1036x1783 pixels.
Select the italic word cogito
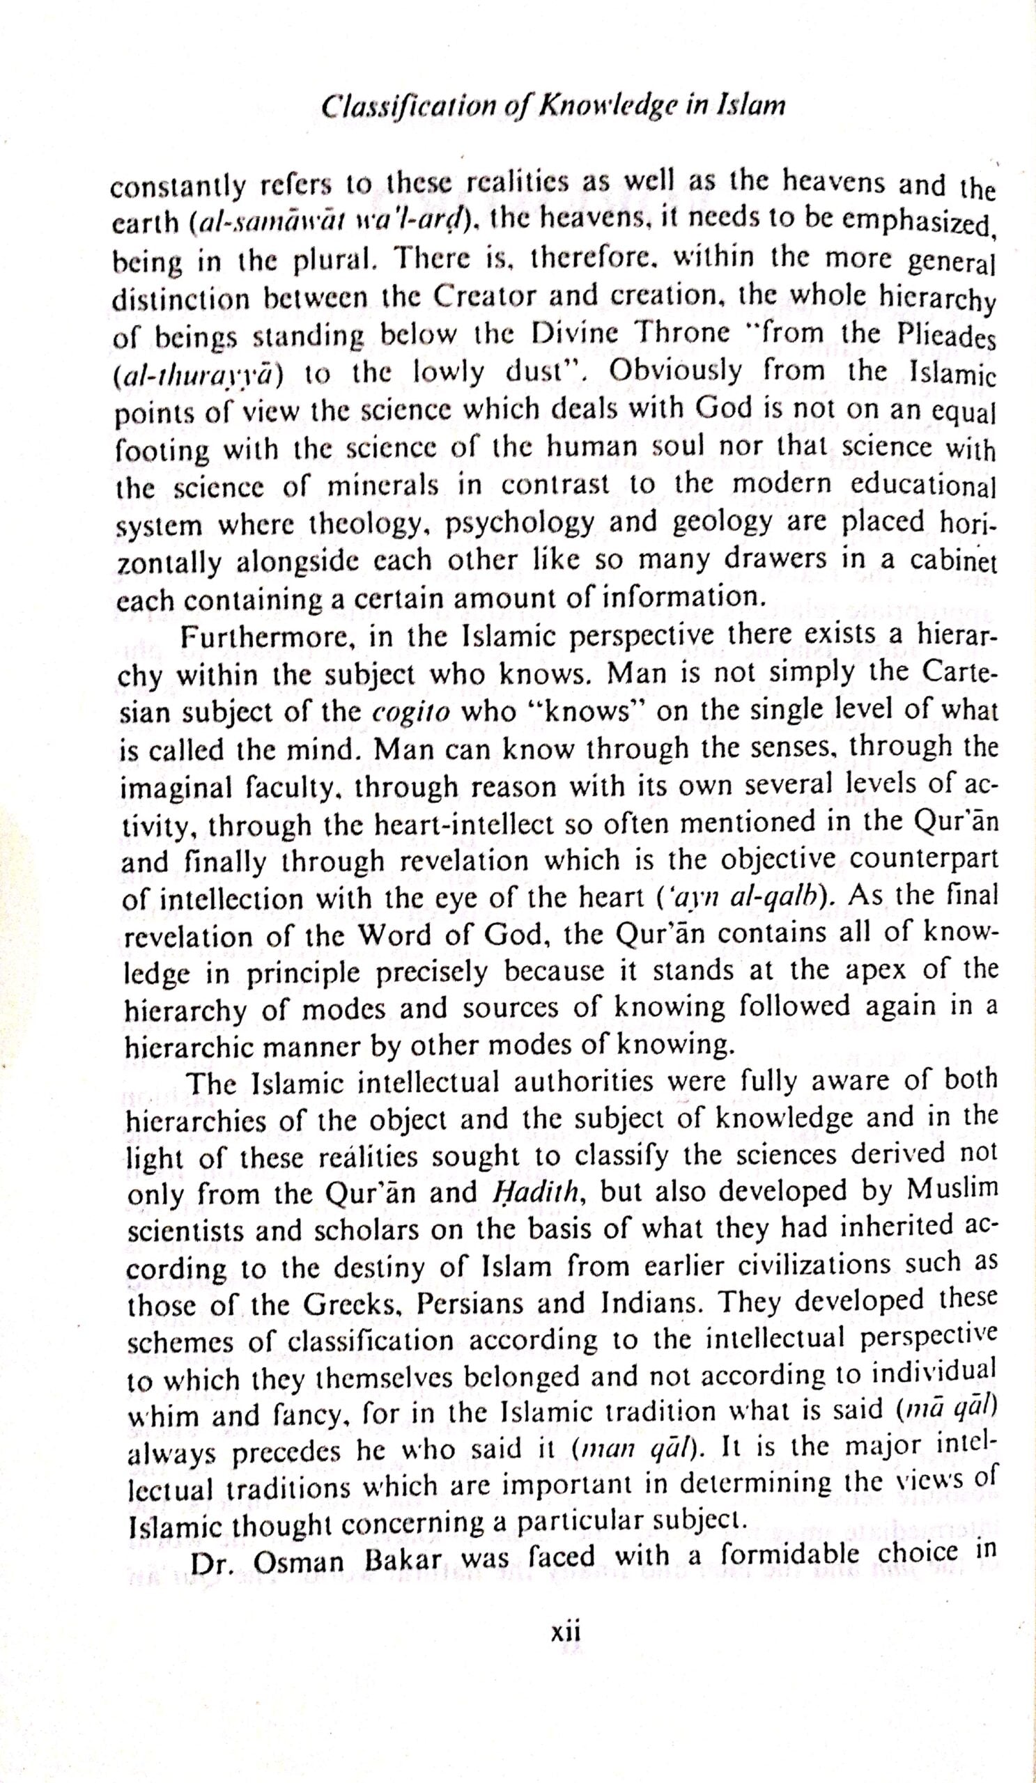[x=413, y=710]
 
